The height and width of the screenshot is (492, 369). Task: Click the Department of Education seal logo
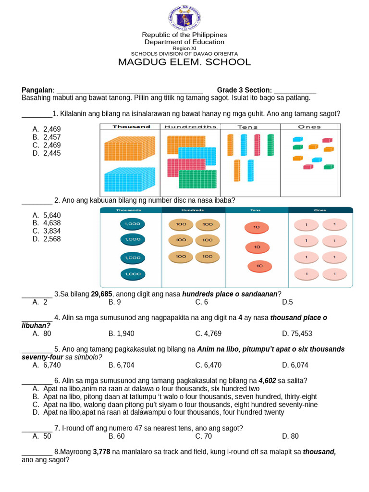click(184, 18)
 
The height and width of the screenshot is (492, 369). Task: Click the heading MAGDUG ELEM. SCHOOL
click(184, 62)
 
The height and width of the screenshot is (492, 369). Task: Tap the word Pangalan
click(38, 90)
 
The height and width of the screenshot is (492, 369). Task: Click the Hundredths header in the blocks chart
click(190, 127)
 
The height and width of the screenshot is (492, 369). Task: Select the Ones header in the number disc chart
click(320, 210)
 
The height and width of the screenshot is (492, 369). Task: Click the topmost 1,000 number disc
click(132, 224)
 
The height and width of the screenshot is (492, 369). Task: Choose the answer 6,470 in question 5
click(208, 365)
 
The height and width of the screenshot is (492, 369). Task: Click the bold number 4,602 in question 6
click(267, 381)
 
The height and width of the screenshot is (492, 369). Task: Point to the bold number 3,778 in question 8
click(102, 452)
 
